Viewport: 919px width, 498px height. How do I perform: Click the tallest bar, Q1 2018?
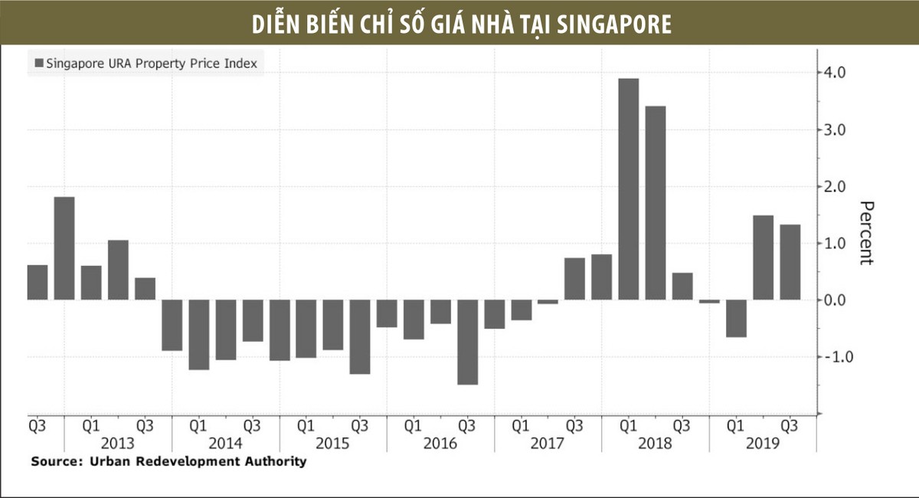[628, 189]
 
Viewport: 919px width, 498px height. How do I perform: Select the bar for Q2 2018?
[656, 203]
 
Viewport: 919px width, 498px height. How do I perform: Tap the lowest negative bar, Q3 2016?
[467, 342]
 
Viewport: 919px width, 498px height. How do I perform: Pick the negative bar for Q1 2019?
[736, 319]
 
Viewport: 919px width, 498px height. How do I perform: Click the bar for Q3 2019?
[790, 262]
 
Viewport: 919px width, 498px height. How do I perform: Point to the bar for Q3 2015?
[360, 337]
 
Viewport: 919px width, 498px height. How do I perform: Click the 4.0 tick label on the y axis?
[835, 74]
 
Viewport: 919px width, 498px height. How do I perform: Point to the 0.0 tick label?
[835, 300]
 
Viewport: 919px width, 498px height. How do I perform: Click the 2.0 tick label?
[835, 187]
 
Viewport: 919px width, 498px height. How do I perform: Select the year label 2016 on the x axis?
[440, 444]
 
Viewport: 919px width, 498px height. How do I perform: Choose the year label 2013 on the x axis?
[117, 444]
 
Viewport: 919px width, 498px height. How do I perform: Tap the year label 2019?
[762, 444]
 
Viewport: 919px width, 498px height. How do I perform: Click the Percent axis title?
[866, 233]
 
